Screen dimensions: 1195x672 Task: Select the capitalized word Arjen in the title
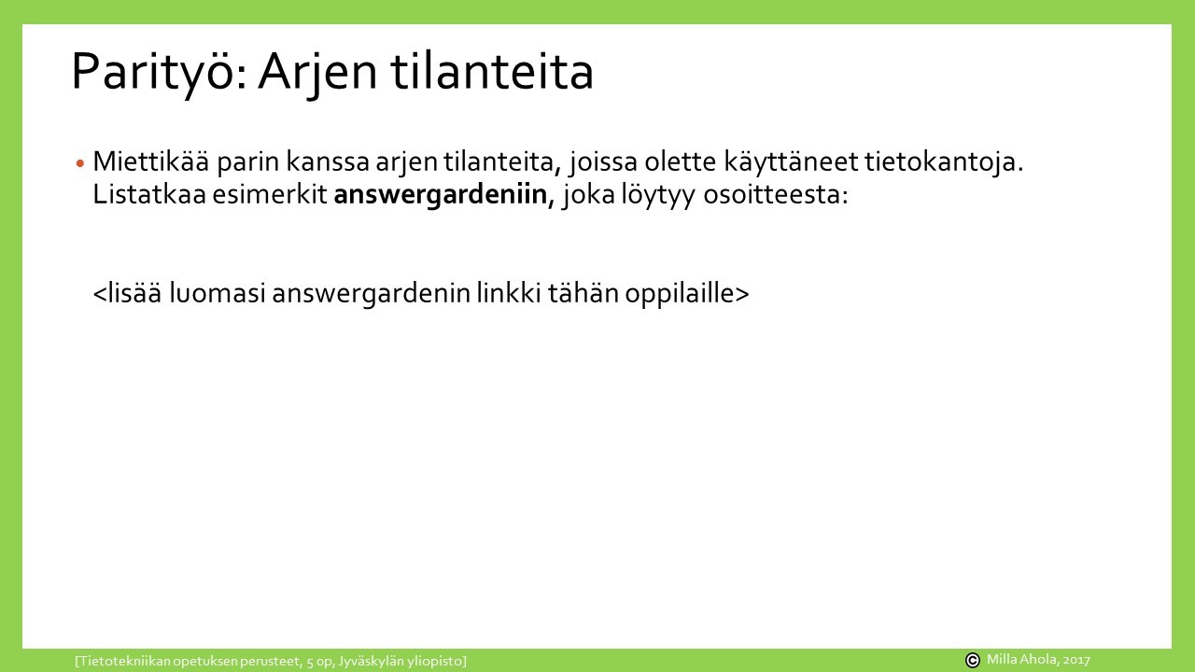317,72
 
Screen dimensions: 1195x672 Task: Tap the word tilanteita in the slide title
492,71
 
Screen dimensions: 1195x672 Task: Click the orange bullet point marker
80,163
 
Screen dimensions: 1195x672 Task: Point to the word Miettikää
151,161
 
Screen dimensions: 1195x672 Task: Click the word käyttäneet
791,162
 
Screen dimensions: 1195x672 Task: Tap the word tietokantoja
944,162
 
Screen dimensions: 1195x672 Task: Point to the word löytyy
658,195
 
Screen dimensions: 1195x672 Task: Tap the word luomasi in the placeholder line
218,293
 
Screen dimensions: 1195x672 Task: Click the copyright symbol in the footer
973,660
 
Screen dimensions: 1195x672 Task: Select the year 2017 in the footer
1076,660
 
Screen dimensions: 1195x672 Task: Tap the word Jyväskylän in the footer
372,662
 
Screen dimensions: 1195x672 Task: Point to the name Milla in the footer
1000,659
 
